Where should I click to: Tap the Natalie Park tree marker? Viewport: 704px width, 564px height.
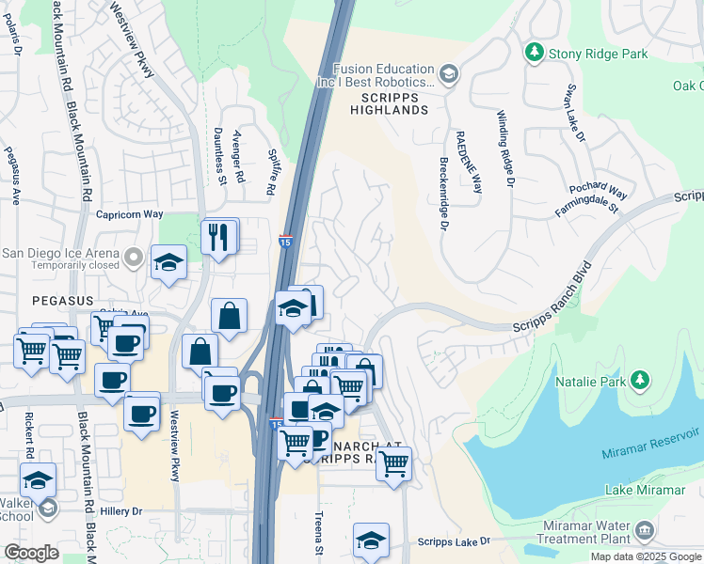point(640,380)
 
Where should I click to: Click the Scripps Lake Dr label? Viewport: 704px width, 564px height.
point(455,542)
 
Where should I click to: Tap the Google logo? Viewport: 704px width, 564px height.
point(31,553)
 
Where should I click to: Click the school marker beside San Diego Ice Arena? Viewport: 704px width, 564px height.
point(168,262)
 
